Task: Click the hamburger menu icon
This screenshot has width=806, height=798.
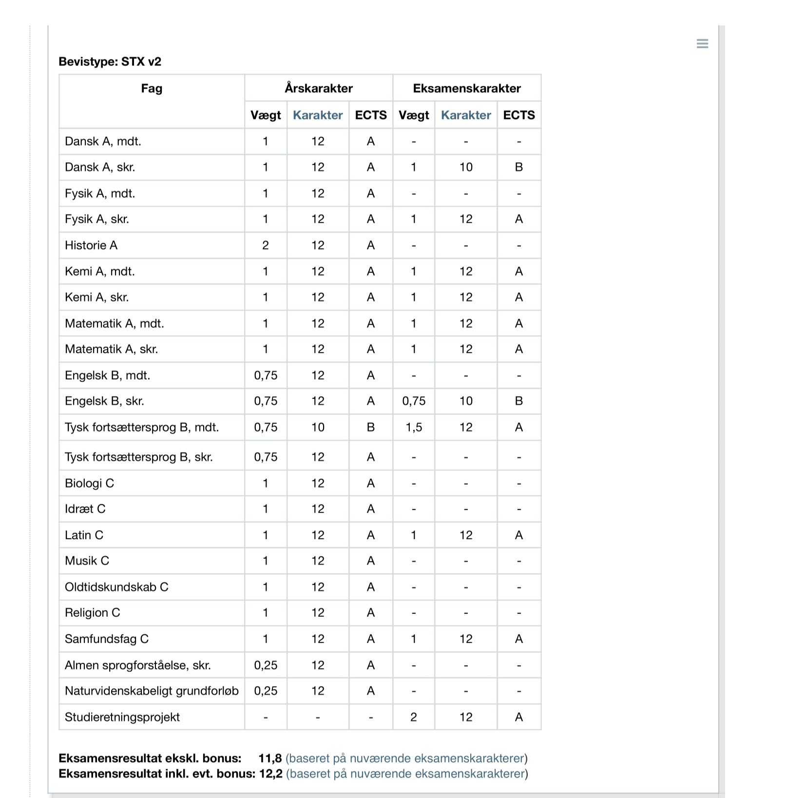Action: (x=702, y=44)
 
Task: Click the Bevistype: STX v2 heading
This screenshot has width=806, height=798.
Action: (x=110, y=62)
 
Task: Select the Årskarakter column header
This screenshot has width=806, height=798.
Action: (x=318, y=88)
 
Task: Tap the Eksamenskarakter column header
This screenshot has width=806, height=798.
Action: (x=466, y=88)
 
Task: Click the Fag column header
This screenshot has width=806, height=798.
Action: (x=152, y=88)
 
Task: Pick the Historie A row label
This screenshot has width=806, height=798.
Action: (x=91, y=245)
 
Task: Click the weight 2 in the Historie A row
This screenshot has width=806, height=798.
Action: (x=266, y=245)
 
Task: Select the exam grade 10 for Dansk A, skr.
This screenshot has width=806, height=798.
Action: (x=466, y=167)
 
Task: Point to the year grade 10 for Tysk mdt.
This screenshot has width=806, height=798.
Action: (x=318, y=427)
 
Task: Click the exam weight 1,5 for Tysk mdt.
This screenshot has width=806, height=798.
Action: (x=414, y=427)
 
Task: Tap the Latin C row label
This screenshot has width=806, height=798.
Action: (x=84, y=535)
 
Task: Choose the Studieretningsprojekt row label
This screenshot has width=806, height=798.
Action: (x=122, y=717)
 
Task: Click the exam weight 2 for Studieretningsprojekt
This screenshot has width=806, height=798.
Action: (x=414, y=717)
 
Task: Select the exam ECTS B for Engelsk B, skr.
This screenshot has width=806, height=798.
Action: (x=519, y=401)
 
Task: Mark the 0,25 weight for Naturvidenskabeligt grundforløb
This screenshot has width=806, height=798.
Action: (x=266, y=691)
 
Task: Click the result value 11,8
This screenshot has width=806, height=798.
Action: (x=270, y=759)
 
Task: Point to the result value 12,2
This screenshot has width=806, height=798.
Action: (x=271, y=774)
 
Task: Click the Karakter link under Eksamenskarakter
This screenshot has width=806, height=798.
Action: (x=466, y=115)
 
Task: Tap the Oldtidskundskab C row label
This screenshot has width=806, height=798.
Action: (x=116, y=587)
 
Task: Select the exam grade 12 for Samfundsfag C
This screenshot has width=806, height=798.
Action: (x=466, y=639)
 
